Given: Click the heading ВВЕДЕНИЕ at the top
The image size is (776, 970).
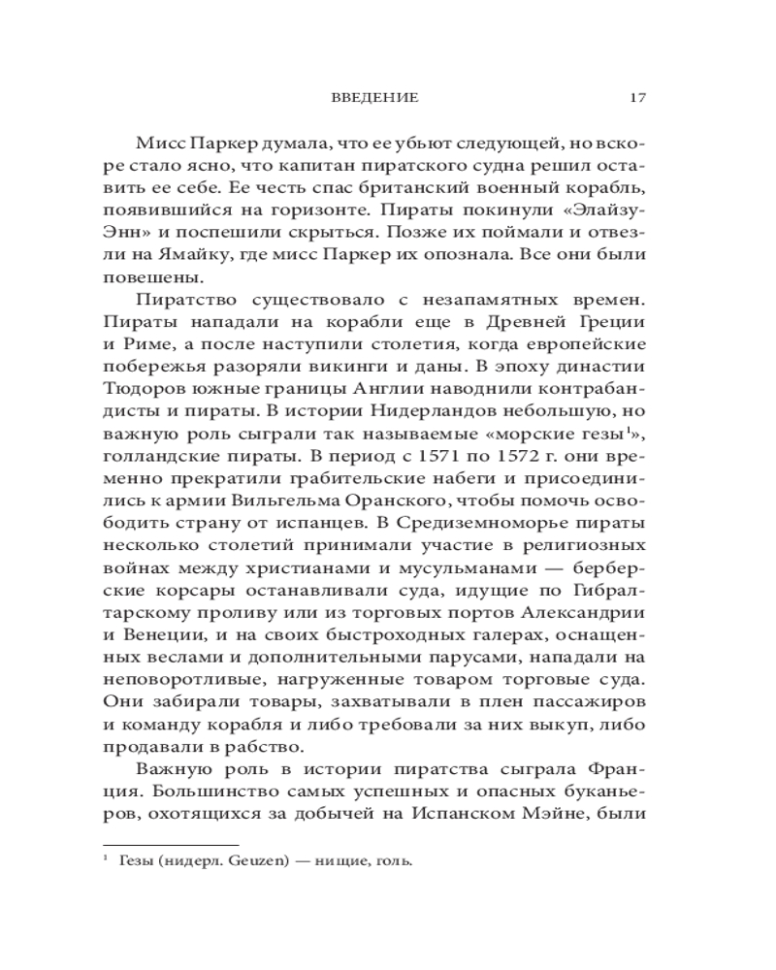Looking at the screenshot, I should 374,97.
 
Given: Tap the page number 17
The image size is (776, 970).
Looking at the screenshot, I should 637,97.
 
